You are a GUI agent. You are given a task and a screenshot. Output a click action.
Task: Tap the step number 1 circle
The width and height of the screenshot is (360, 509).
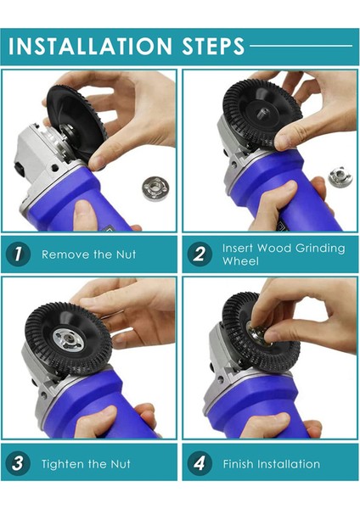[x=18, y=255]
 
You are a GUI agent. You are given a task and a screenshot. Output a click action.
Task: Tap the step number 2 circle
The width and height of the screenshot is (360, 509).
[x=200, y=255]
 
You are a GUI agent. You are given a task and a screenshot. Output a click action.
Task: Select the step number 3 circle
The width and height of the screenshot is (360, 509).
[x=18, y=463]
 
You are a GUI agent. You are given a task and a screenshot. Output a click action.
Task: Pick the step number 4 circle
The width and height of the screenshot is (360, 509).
[x=200, y=463]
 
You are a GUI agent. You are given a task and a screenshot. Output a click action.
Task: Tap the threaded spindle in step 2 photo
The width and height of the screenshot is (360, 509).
[x=262, y=114]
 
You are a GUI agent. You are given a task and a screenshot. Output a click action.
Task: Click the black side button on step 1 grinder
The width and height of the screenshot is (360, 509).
[x=19, y=170]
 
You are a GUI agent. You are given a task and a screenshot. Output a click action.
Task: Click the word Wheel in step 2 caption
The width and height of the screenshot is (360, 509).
[x=240, y=261]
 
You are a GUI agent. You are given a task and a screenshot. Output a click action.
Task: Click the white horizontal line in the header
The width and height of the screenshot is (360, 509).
[x=301, y=46]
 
